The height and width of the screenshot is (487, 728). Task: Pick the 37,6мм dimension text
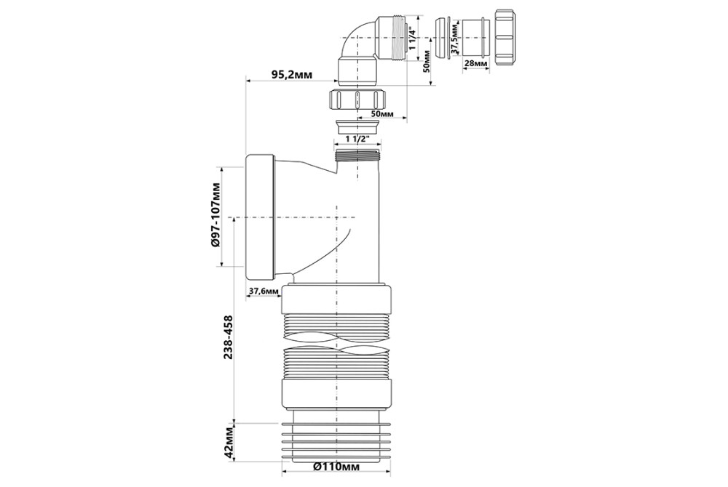[264, 291]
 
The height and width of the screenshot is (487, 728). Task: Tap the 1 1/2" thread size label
[357, 138]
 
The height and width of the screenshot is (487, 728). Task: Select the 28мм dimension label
[476, 63]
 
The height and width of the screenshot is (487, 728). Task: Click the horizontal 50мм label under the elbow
[383, 113]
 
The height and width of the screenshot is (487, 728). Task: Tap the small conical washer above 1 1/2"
[357, 126]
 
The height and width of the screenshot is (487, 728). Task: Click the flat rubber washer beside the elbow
[443, 38]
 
